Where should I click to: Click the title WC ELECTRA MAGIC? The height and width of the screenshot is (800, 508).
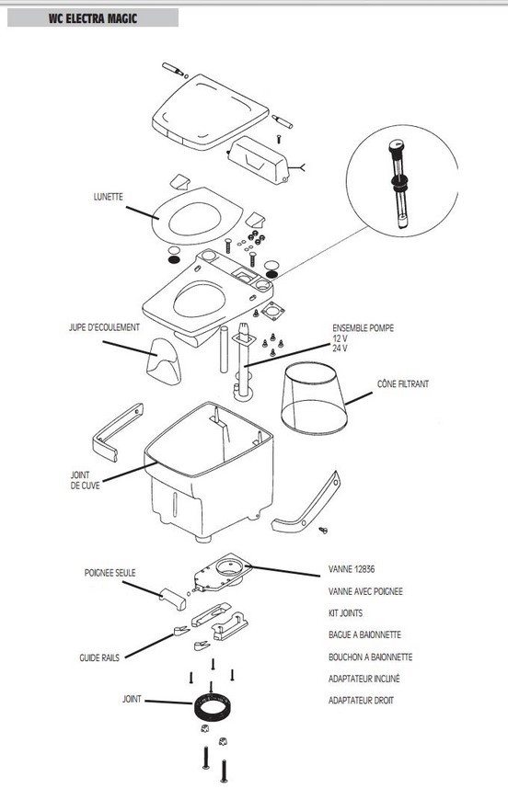[x=93, y=19]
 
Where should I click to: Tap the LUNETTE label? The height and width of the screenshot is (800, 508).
[x=109, y=197]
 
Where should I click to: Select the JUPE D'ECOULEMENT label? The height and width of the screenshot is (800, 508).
[x=104, y=327]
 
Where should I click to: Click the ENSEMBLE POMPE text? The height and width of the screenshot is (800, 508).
[x=363, y=328]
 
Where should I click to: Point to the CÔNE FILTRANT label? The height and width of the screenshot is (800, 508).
[x=403, y=383]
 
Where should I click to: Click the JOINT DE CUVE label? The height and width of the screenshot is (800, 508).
[x=85, y=480]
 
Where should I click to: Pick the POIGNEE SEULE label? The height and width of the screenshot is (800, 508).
[x=110, y=573]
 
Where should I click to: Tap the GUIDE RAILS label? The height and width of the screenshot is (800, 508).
[x=99, y=657]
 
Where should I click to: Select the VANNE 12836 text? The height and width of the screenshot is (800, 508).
[x=352, y=569]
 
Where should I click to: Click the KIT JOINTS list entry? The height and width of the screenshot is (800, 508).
[x=345, y=612]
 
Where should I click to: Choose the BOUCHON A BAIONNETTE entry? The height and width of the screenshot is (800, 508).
[x=370, y=657]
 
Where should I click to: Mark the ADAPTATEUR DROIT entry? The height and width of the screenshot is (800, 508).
[x=361, y=701]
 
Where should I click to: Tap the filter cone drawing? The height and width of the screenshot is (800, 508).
[x=314, y=398]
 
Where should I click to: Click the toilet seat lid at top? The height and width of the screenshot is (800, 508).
[x=210, y=112]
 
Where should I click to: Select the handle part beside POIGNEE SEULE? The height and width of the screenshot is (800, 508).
[x=173, y=599]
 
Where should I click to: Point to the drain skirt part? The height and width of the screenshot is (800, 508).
[x=164, y=361]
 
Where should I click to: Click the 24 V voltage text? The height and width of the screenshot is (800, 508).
[x=340, y=349]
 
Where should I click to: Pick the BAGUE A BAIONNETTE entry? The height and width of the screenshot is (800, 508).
[x=364, y=634]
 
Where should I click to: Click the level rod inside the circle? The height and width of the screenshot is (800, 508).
[x=399, y=184]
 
